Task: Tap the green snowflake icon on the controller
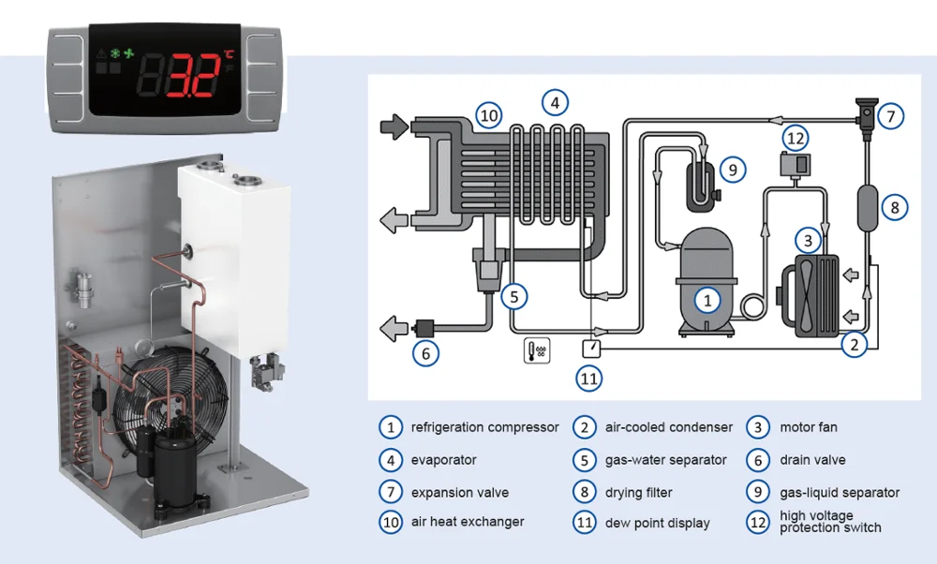[116, 54]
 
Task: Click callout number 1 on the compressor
[707, 300]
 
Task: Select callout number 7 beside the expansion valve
[891, 117]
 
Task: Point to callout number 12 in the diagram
[795, 140]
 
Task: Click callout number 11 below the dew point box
[589, 378]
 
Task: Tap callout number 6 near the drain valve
[425, 353]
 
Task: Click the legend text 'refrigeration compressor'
[484, 427]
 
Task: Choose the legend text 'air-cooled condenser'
[668, 427]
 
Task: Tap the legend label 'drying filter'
[638, 492]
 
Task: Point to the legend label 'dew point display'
[657, 523]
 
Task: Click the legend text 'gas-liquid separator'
[840, 492]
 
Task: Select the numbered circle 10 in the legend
[390, 523]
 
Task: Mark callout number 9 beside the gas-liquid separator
[733, 170]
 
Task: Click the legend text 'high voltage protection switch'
[830, 522]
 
